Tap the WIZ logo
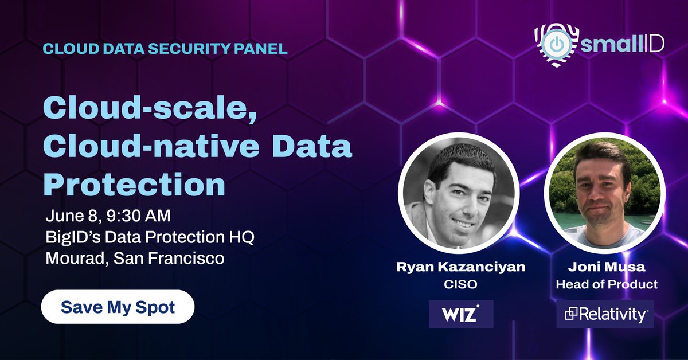[461, 314]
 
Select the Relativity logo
[605, 314]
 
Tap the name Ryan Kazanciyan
[461, 268]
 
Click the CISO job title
[461, 284]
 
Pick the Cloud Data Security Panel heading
[165, 48]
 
